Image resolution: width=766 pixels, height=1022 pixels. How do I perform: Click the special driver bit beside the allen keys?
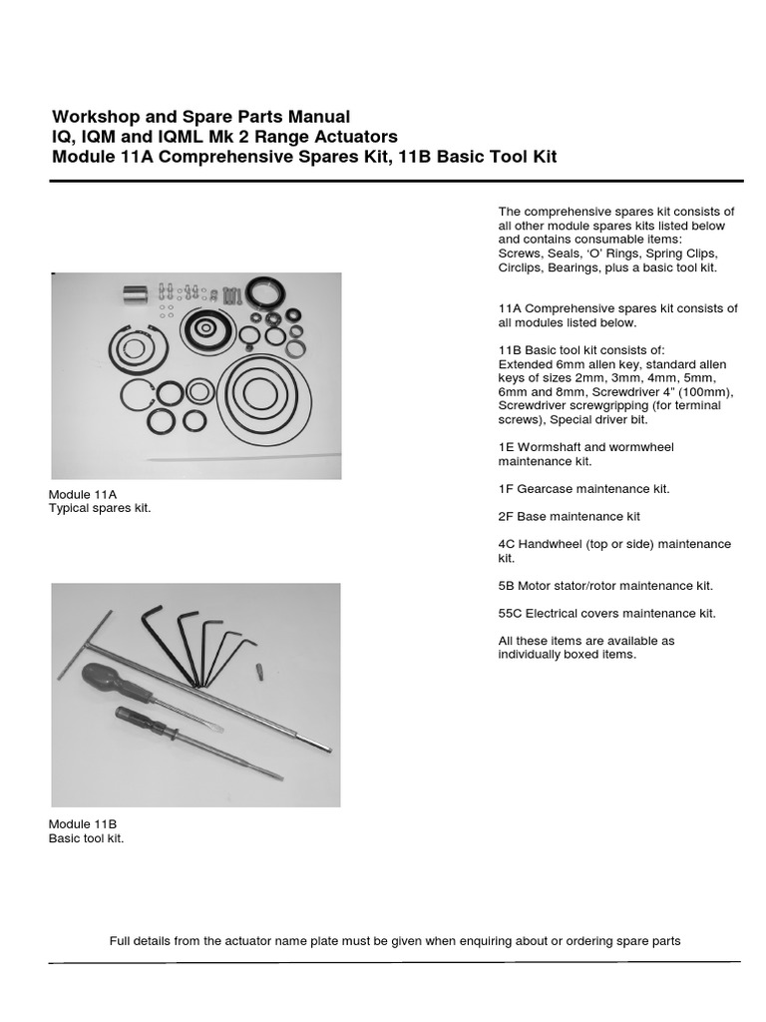point(259,669)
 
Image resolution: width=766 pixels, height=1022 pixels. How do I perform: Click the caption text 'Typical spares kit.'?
point(101,509)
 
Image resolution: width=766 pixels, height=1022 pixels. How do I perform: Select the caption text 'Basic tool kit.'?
point(87,838)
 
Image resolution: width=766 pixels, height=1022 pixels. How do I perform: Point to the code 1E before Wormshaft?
point(506,447)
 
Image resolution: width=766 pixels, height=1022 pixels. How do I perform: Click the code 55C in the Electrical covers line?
point(510,613)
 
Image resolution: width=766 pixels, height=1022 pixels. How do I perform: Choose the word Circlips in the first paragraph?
point(522,268)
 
